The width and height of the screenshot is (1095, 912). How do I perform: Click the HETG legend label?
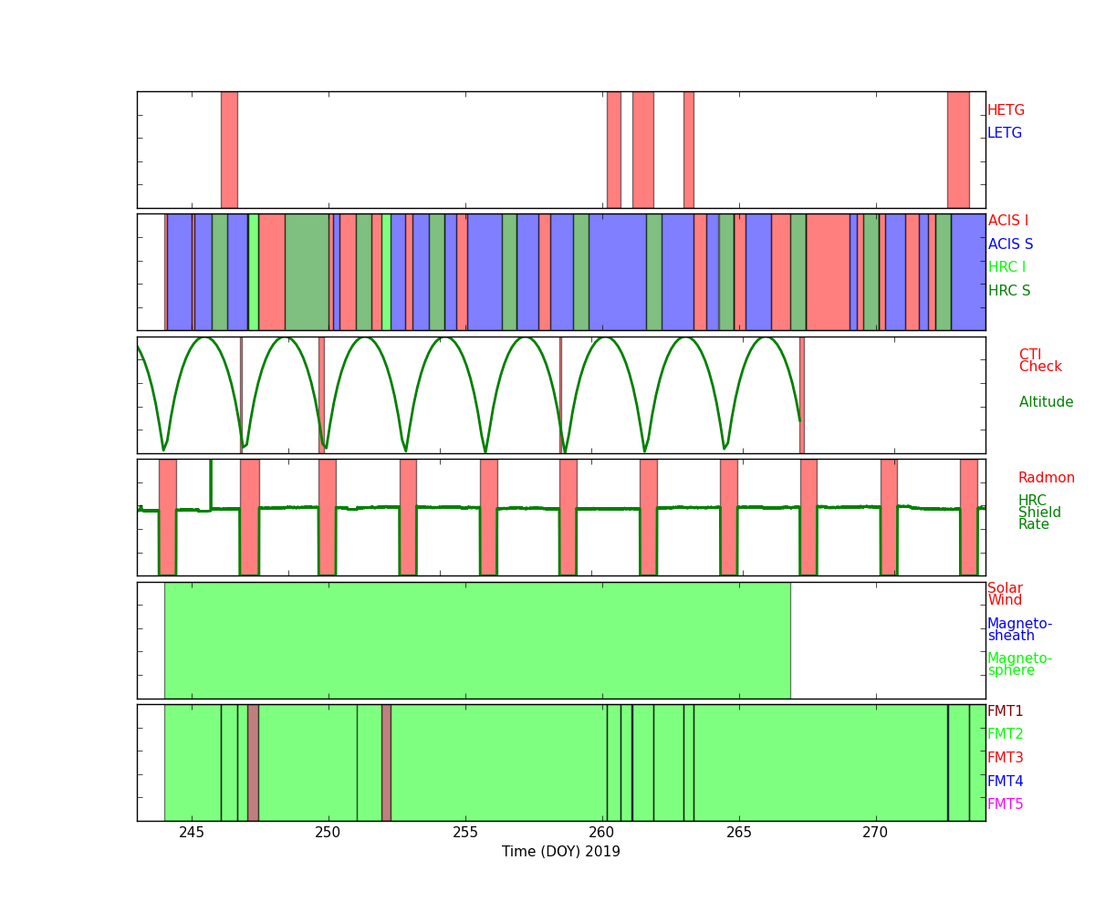(x=1006, y=110)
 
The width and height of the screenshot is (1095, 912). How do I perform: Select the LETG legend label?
(x=1005, y=133)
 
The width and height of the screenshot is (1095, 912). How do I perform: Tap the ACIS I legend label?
(x=1007, y=221)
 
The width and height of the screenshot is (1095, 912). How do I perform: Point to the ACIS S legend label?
(x=1010, y=244)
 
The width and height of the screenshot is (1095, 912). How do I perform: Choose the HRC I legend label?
(x=1006, y=267)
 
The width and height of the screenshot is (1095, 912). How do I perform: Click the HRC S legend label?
(x=1009, y=291)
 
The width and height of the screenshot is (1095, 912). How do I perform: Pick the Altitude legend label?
(x=1046, y=402)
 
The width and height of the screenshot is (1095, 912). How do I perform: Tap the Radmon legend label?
(x=1046, y=478)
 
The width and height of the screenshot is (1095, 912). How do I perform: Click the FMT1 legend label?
(x=1005, y=711)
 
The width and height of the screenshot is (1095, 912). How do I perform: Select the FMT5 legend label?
(x=1005, y=804)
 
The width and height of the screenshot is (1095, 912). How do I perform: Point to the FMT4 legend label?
(x=1005, y=782)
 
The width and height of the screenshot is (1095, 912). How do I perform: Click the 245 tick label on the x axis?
(x=192, y=832)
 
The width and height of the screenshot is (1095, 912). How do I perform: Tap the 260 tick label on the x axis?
(x=602, y=832)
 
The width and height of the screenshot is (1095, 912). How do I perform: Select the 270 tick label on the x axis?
(x=876, y=832)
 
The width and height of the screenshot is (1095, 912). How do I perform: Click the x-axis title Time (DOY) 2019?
(x=561, y=852)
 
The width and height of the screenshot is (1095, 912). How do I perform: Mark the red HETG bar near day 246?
(x=229, y=150)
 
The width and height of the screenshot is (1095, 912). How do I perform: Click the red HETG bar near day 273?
(x=958, y=150)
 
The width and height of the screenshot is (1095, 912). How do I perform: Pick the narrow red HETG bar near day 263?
(x=689, y=150)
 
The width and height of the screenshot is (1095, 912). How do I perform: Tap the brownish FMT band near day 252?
(x=386, y=762)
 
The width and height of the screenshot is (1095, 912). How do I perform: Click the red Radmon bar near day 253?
(x=408, y=516)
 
